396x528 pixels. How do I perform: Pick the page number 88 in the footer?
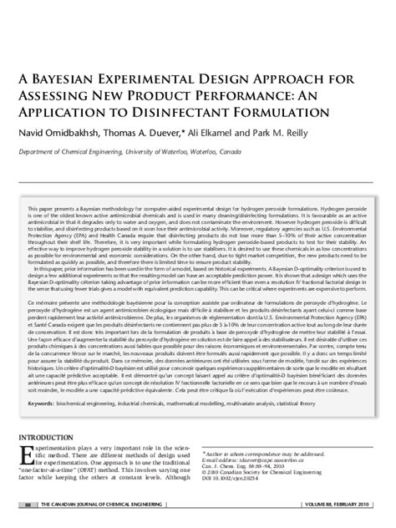coord(28,505)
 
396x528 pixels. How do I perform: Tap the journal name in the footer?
coord(109,505)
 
